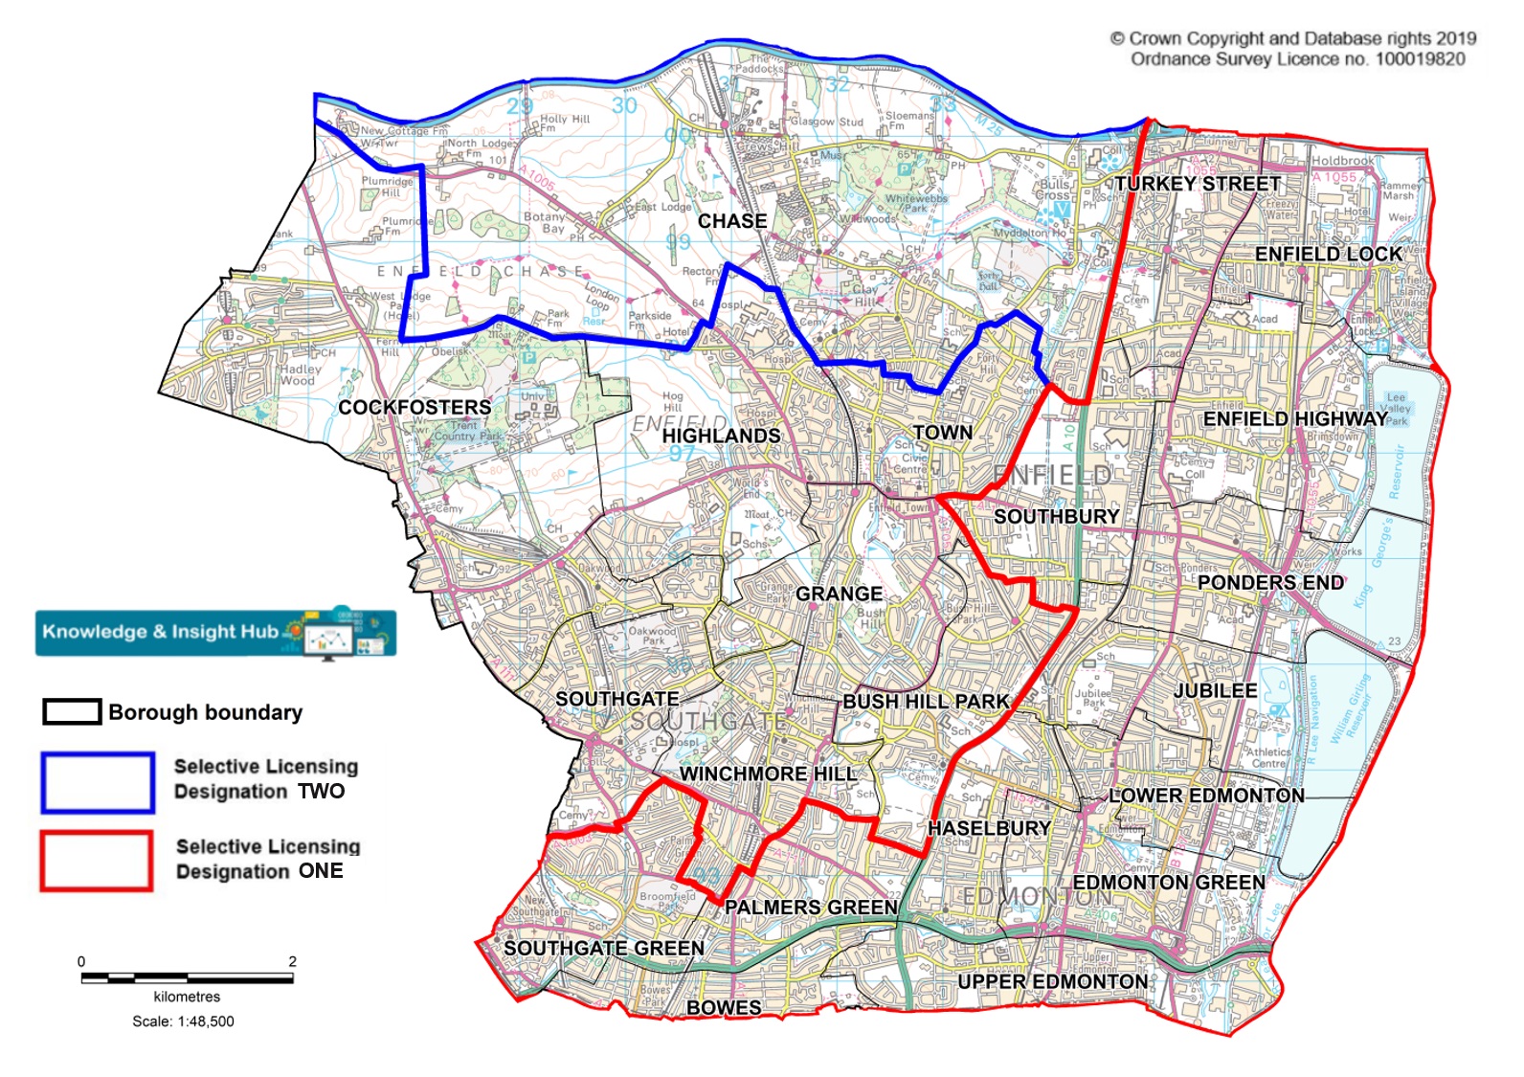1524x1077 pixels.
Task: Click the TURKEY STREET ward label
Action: (x=1197, y=184)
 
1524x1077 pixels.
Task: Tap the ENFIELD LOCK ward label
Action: (x=1329, y=254)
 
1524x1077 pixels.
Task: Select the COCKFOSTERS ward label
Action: (x=415, y=408)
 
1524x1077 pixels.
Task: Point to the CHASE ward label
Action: (x=732, y=221)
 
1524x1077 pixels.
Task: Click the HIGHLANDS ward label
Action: (x=721, y=436)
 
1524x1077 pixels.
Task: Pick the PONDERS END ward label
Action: (x=1270, y=582)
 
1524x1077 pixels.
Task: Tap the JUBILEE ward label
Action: (x=1216, y=690)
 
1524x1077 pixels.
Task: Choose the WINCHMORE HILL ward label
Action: (x=768, y=774)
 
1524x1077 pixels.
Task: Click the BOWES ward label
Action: (x=724, y=1007)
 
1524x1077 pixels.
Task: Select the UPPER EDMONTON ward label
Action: (x=1053, y=981)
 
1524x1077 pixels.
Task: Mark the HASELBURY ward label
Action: (x=990, y=827)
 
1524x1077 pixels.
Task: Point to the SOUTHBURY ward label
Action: (x=1056, y=516)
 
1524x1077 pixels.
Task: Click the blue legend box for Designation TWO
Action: (x=98, y=783)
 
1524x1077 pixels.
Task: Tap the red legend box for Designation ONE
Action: (x=97, y=861)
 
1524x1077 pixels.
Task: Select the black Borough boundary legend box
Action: (x=72, y=711)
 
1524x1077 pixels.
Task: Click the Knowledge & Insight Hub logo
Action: (x=215, y=632)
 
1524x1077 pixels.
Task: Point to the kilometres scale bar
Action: (x=187, y=977)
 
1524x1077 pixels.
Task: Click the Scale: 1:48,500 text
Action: (x=183, y=1021)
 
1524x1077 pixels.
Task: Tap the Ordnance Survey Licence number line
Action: (x=1297, y=59)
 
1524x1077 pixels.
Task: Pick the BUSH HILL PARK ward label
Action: (x=926, y=701)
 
